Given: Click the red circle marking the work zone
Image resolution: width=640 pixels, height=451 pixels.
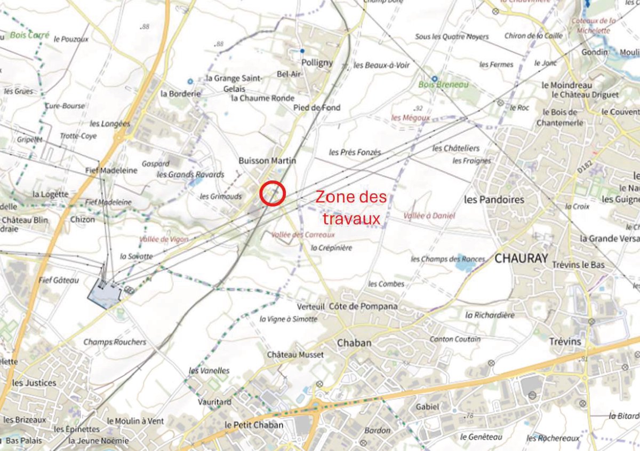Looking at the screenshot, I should point(273,193).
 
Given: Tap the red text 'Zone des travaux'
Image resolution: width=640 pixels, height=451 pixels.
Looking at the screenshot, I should point(350,208).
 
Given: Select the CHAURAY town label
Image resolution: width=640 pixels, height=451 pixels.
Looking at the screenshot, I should point(521,258).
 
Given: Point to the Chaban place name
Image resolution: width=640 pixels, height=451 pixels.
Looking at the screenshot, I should point(354,343).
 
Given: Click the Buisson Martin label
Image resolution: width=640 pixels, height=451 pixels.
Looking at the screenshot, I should point(267,161).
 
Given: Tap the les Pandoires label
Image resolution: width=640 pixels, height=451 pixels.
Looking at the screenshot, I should point(494,200).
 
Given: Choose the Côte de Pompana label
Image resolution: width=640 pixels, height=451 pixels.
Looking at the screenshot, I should point(363,306).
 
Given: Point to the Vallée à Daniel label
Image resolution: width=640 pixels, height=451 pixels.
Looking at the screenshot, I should point(429,216).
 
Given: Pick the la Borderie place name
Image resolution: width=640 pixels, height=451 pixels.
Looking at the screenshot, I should point(181,93).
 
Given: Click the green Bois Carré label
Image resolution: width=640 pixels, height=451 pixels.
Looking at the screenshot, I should point(29,36).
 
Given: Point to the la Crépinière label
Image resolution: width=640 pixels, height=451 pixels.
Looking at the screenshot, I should point(332,248).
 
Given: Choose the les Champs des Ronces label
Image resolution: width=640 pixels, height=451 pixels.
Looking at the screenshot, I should point(448,259).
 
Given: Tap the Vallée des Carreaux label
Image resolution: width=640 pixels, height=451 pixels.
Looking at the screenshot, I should point(303,235).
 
